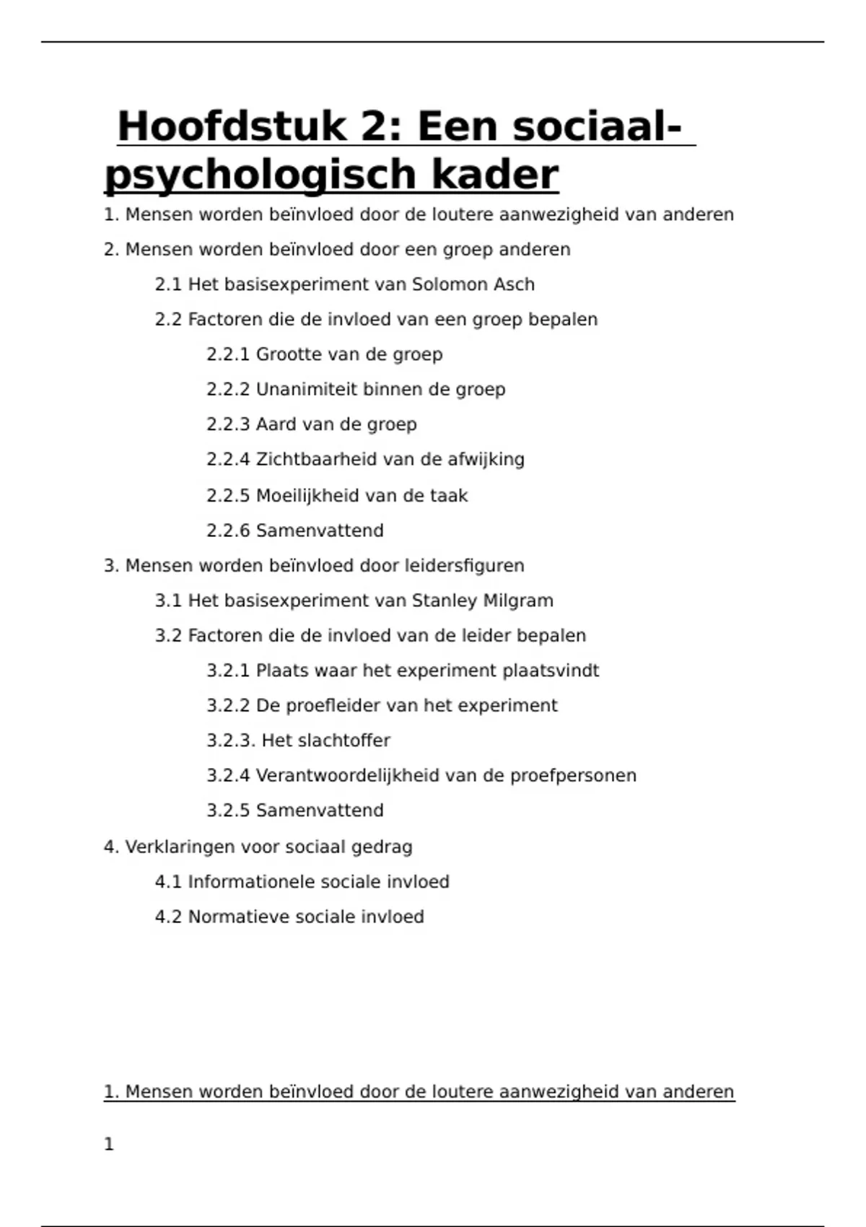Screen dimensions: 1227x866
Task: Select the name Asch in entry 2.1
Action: (514, 284)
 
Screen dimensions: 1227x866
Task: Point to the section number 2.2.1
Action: (227, 354)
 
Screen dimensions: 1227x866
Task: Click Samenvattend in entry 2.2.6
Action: (320, 530)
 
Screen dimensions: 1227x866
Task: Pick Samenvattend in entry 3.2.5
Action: (320, 811)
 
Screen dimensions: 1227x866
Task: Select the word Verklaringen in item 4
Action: (180, 847)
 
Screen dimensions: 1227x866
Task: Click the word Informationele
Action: (250, 882)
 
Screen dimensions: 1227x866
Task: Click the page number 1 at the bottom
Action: (109, 1144)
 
